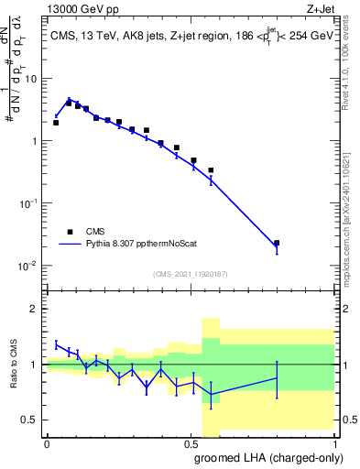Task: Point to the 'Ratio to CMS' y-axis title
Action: coord(14,365)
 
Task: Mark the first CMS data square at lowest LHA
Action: coord(56,123)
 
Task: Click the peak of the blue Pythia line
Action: coord(69,99)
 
